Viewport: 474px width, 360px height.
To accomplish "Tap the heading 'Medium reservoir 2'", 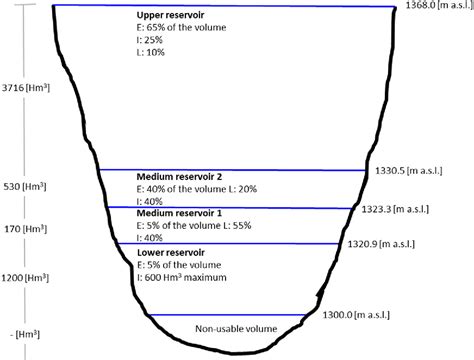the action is tap(180, 176).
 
